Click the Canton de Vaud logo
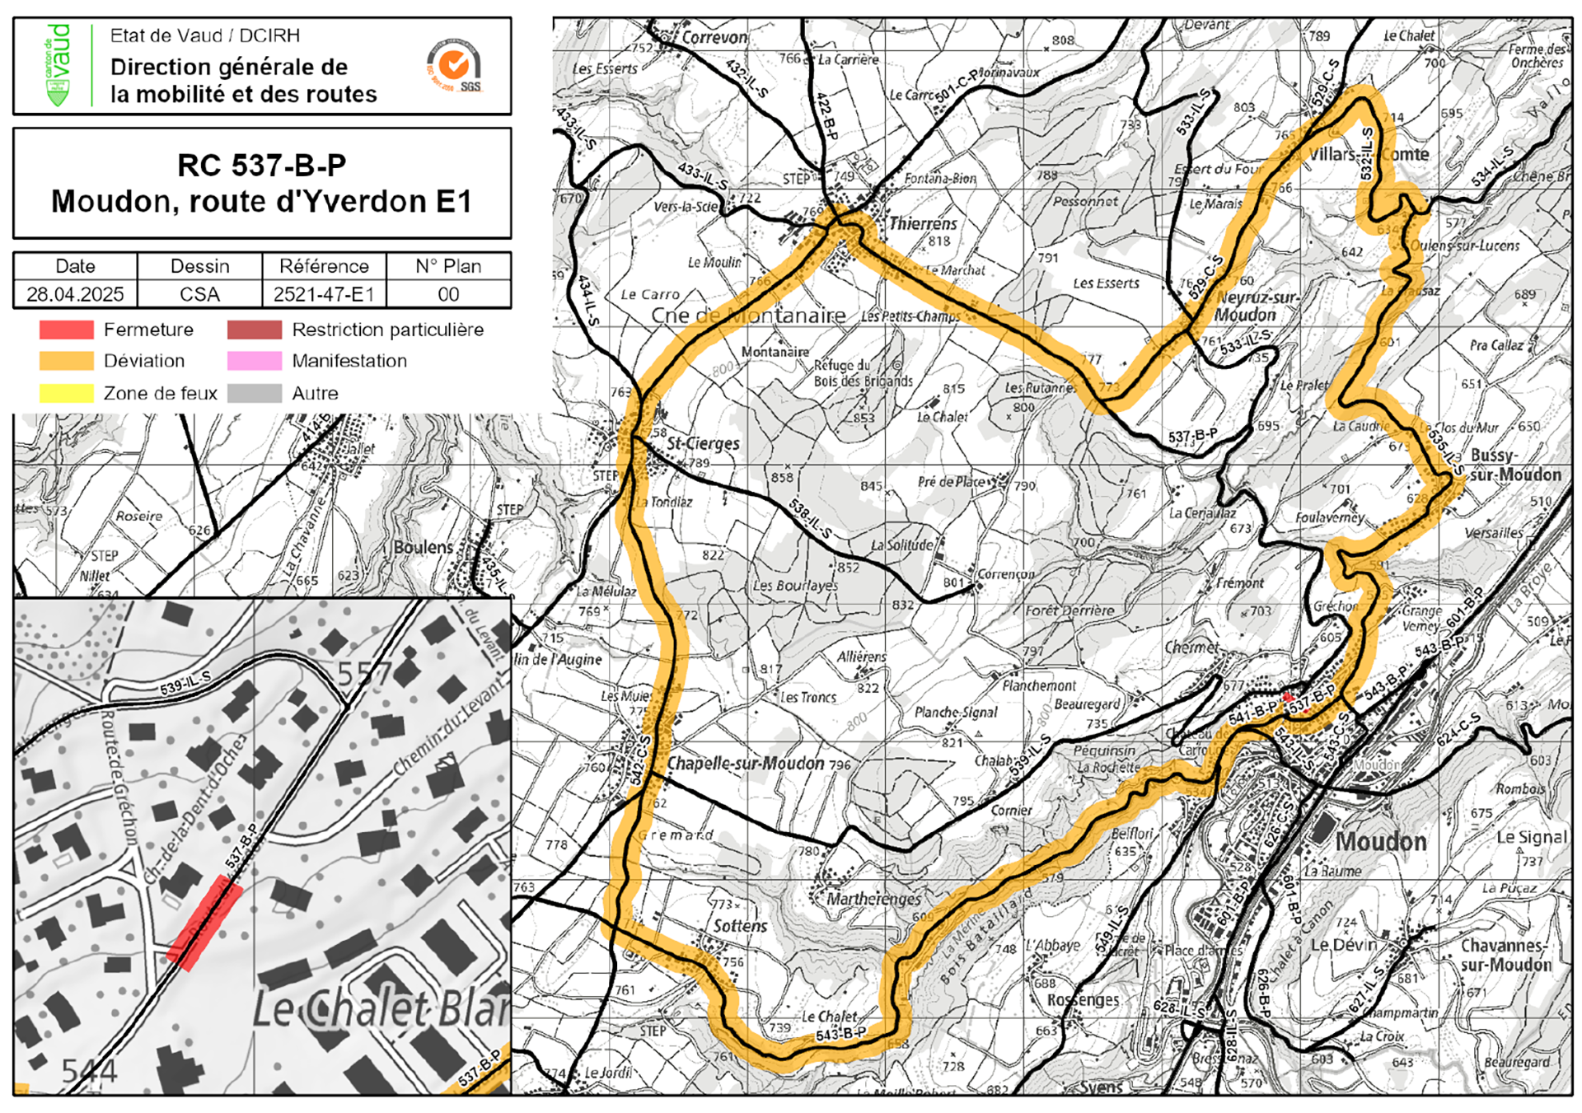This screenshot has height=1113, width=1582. (x=57, y=65)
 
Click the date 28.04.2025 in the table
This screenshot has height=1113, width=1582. (x=75, y=294)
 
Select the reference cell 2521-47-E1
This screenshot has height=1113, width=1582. (x=324, y=294)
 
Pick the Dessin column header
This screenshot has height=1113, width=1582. (x=199, y=266)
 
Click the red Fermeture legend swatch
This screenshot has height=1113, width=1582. (x=66, y=330)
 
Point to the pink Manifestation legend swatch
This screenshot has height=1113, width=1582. (x=255, y=361)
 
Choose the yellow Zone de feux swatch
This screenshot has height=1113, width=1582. (x=66, y=393)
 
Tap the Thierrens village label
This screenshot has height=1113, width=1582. (x=923, y=223)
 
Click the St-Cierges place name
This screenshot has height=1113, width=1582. (x=703, y=443)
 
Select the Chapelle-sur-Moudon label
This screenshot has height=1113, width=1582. (x=746, y=763)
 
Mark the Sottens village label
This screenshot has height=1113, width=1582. (x=740, y=926)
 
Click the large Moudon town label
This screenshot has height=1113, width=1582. (x=1380, y=841)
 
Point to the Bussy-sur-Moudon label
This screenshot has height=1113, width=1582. (x=1514, y=465)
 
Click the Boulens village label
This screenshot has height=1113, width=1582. (x=423, y=548)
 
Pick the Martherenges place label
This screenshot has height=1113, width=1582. (x=873, y=898)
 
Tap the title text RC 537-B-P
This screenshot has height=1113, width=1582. (x=261, y=166)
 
